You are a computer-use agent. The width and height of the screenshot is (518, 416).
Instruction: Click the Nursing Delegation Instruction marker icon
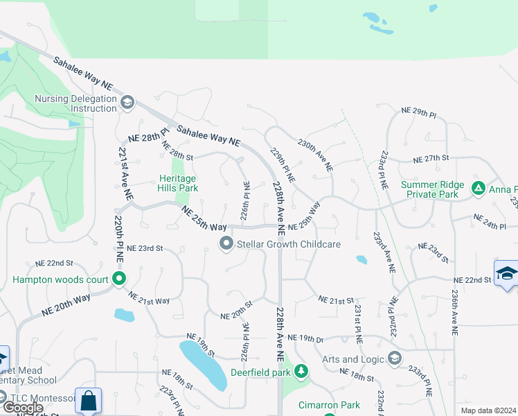pos(127,103)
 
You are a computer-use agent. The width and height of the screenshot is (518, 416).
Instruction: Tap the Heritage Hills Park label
pos(179,183)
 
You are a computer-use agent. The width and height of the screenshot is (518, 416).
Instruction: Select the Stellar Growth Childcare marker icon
pos(226,244)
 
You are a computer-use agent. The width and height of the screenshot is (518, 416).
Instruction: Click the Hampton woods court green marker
pos(119,279)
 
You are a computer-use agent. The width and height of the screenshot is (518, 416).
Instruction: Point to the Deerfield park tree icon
pos(301,372)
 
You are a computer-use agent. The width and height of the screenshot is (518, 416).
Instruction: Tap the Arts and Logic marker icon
pos(395,358)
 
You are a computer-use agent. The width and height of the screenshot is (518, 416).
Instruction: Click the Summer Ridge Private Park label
pos(429,189)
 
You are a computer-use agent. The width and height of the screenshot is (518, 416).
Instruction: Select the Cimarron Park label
pos(329,405)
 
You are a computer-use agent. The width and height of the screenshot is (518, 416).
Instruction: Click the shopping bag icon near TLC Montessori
pos(89,400)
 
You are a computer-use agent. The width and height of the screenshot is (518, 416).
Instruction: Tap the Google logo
pos(22,408)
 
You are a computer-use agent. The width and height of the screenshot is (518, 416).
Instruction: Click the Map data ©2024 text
pos(488,410)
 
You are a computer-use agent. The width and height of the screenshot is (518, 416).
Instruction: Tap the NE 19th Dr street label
pos(305,338)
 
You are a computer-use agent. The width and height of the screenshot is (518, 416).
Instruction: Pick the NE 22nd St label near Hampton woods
pos(55,263)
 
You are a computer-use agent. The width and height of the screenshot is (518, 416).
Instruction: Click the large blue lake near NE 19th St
pos(204,364)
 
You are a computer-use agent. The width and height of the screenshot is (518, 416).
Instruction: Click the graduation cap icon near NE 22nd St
pos(506,272)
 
